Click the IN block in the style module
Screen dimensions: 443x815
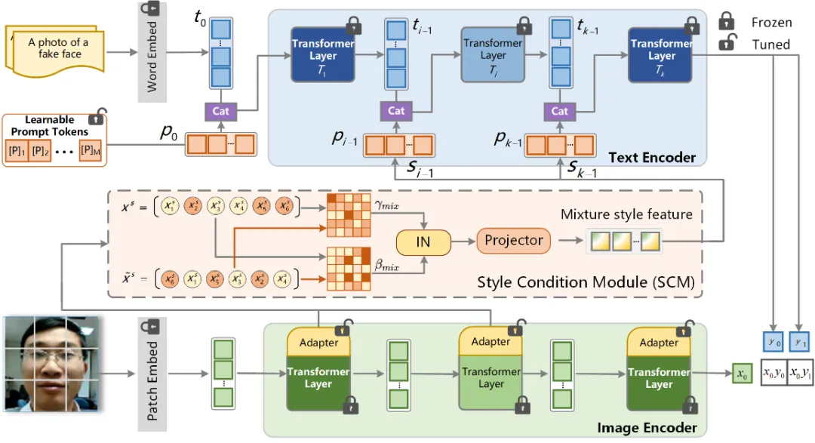423,241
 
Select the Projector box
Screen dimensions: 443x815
514,241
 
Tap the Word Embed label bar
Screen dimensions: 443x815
152,51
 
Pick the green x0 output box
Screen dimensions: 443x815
742,374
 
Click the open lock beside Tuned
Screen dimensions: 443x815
727,44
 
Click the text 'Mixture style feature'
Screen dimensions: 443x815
626,214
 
